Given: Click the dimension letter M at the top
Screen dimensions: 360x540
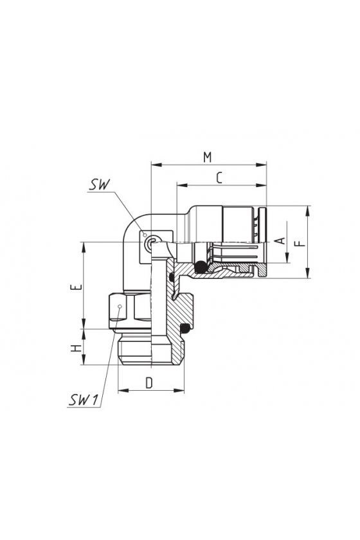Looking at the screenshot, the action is point(207,157).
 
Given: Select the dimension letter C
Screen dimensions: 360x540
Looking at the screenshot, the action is point(219,177).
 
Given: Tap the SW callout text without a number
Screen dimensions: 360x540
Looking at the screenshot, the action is point(99,184).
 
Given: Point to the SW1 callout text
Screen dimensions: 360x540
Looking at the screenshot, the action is point(84,400).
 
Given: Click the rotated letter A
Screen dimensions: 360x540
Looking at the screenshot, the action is point(282,240).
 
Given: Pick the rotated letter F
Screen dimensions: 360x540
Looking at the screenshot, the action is point(301,244).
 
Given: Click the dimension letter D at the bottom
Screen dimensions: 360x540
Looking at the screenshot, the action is point(149,383).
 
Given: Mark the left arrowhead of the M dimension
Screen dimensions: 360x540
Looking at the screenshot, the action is point(156,165).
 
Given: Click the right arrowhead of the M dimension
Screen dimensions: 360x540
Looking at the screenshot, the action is point(261,165).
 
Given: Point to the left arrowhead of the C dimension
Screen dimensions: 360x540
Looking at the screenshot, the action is point(182,186).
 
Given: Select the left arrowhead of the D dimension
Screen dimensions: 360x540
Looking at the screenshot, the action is point(123,391).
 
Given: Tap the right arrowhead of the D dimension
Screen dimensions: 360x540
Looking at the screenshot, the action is point(179,391).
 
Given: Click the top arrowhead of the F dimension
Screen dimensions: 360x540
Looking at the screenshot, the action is point(308,211).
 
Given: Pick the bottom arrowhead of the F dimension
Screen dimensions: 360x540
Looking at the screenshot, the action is point(308,273).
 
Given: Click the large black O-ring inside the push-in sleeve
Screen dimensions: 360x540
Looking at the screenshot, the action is point(200,266).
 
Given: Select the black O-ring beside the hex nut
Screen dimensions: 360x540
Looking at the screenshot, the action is point(186,328).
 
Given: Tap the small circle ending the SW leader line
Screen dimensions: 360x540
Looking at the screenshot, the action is point(145,235).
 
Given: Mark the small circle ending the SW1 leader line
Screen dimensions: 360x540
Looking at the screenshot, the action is point(120,307).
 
